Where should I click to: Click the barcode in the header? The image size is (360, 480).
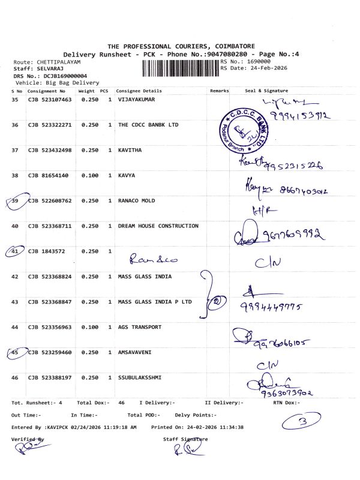tap(181, 68)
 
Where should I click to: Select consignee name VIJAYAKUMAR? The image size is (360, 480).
tap(136, 100)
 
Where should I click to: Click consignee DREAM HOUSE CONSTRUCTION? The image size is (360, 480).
tap(158, 226)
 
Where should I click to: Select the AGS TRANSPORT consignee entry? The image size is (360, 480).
tap(140, 327)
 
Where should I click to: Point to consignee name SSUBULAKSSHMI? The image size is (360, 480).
tap(140, 377)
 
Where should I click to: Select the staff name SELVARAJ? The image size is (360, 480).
tap(46, 69)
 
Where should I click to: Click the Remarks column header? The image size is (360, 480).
tap(220, 91)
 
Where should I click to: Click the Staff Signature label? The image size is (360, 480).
tap(185, 439)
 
